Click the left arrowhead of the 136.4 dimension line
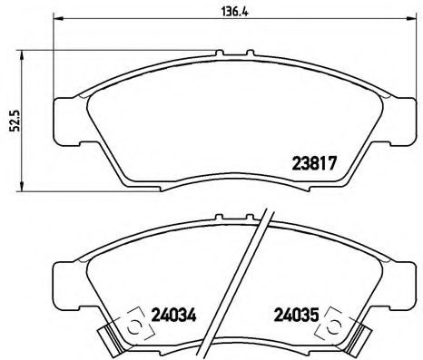pos(57,18)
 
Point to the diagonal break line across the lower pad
pos(257,272)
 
